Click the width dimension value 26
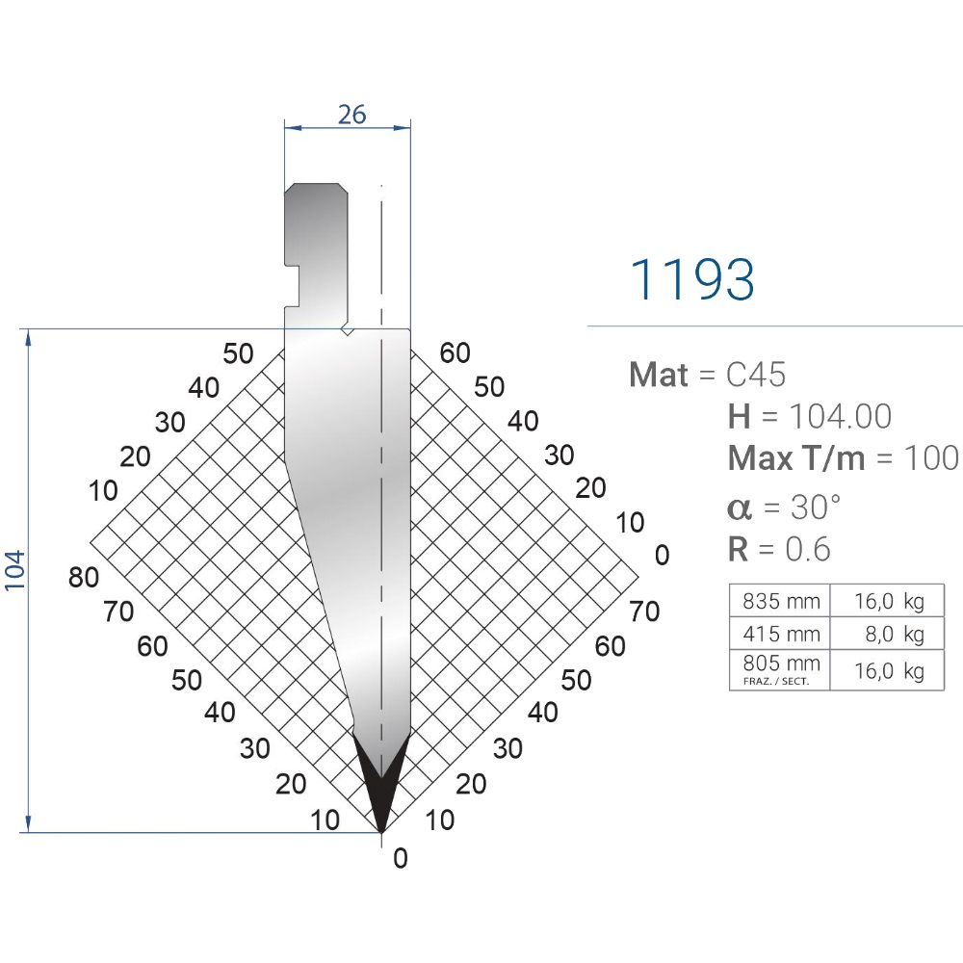point(351,115)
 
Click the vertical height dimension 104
point(14,570)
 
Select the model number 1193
point(692,279)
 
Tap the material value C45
point(755,374)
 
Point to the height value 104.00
point(840,416)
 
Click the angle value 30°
point(816,507)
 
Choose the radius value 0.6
point(808,549)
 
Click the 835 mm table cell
point(780,601)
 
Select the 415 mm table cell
point(780,634)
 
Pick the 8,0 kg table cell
point(888,634)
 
